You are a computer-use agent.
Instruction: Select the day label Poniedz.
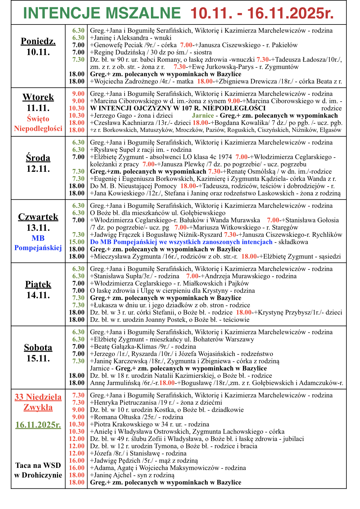click(x=38, y=41)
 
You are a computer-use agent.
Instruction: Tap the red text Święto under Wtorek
click(x=38, y=119)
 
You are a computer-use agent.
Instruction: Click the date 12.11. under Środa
click(x=38, y=169)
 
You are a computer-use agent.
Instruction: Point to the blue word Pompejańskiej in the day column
click(x=38, y=248)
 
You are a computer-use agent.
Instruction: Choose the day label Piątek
click(x=38, y=284)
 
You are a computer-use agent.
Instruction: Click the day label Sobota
click(x=38, y=347)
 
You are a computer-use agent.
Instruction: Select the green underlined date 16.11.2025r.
click(x=38, y=425)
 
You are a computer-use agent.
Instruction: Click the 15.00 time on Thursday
click(x=77, y=242)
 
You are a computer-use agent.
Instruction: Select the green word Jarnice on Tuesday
click(x=203, y=116)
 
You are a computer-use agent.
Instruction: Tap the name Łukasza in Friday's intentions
click(x=106, y=305)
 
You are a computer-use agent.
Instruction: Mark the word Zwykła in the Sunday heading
click(x=38, y=407)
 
